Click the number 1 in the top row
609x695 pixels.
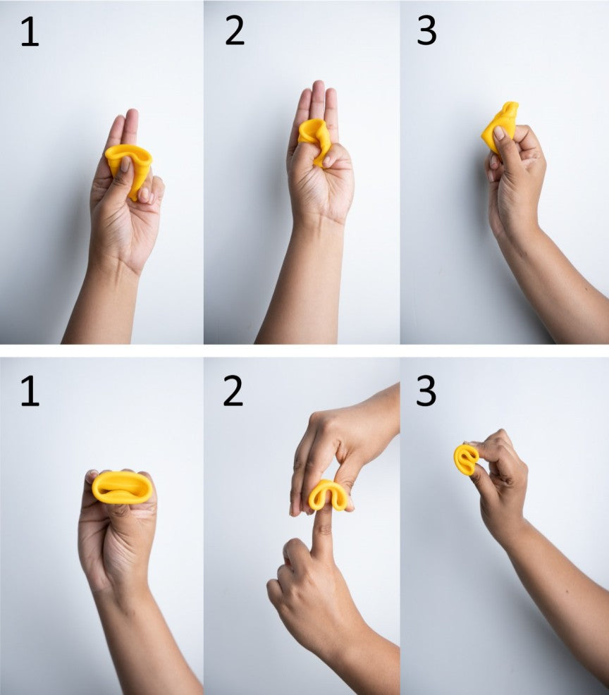pos(30,32)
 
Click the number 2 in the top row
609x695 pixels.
pos(235,31)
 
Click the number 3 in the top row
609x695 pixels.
pos(426,31)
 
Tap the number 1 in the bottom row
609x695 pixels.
pos(30,391)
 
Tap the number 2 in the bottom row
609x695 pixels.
pos(233,391)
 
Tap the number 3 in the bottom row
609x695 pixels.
pos(426,391)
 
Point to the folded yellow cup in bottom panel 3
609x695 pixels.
pos(466,460)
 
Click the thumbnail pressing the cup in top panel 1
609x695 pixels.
pos(125,164)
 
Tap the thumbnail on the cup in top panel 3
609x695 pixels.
pos(498,133)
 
